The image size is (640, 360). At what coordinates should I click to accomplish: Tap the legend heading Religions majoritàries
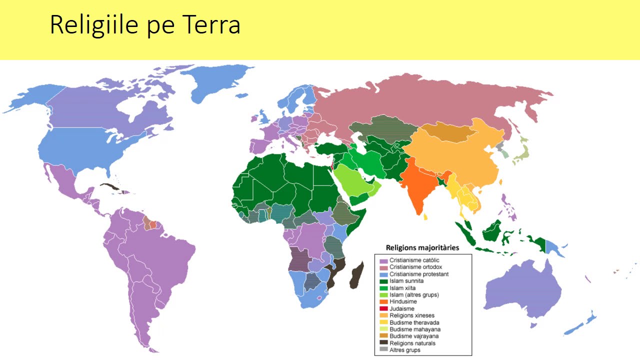(x=422, y=247)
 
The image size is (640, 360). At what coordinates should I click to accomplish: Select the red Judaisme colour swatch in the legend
(x=383, y=309)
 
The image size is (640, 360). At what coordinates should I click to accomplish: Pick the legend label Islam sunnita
(x=406, y=281)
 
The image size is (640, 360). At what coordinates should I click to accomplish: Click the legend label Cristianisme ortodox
(x=415, y=267)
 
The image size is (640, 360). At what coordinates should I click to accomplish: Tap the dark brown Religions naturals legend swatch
(x=383, y=343)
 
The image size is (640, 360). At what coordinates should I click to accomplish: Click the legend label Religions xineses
(x=412, y=315)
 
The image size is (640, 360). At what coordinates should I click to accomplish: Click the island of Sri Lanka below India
(x=426, y=217)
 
